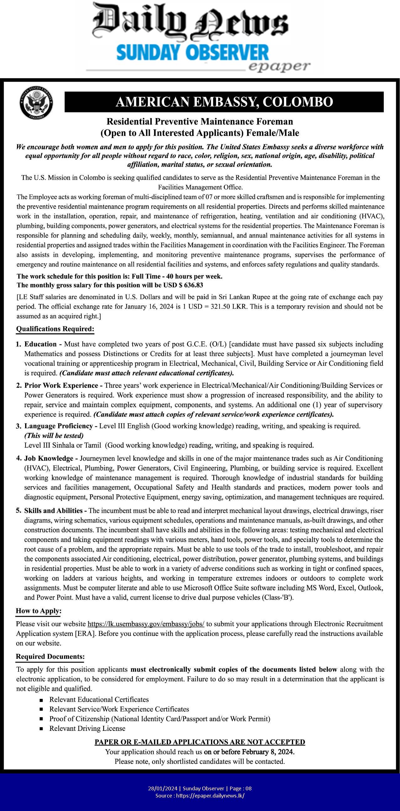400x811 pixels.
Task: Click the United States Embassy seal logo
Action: (36, 103)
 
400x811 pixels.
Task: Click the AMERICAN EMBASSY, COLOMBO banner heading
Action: (224, 102)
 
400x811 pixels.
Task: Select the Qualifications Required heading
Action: (55, 329)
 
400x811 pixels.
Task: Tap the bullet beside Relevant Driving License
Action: (41, 729)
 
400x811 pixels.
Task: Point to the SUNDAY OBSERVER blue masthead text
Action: (192, 53)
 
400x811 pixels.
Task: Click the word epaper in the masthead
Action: (279, 66)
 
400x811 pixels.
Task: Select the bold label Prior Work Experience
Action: (61, 385)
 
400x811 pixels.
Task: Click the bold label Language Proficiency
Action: (59, 426)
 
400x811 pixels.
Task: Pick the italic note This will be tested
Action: (54, 436)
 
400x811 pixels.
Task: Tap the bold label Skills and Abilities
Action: (54, 510)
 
